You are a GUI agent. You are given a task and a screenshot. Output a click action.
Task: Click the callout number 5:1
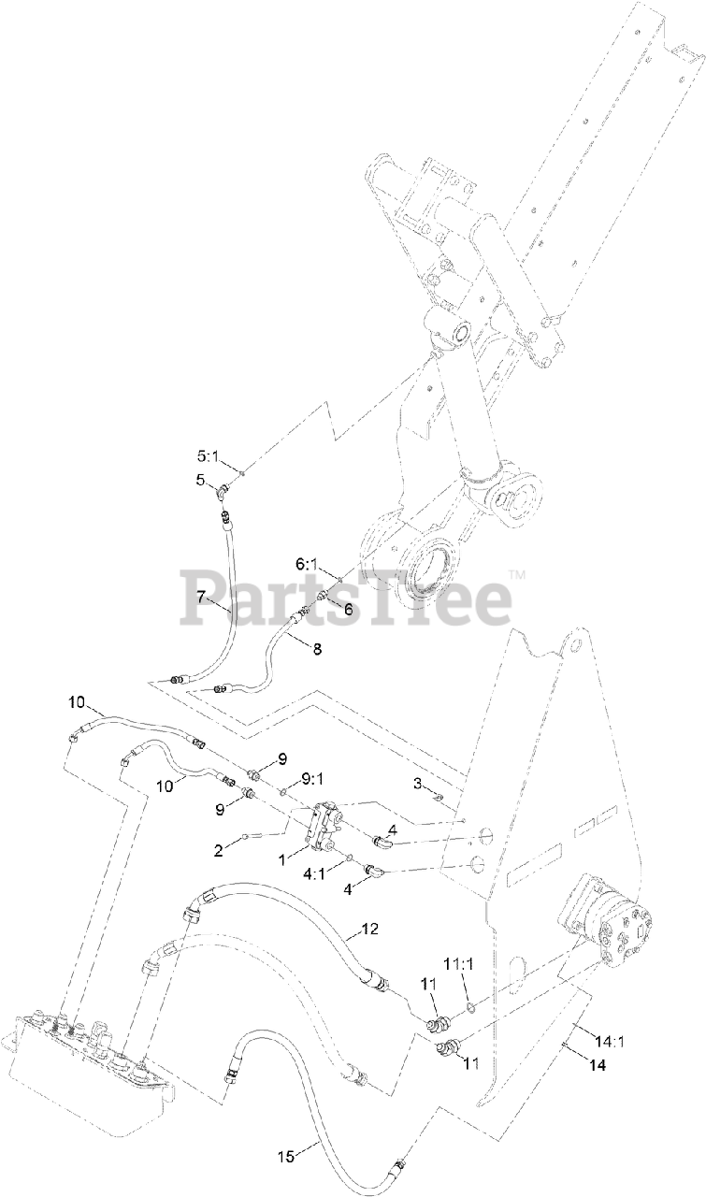[206, 457]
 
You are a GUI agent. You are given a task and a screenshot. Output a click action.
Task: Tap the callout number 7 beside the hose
[200, 596]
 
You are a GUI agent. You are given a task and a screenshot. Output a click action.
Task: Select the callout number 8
[316, 649]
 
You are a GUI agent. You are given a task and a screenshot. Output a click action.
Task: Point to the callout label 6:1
[307, 565]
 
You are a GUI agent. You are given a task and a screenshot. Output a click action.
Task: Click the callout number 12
[370, 930]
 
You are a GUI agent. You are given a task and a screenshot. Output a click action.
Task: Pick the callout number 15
[287, 1157]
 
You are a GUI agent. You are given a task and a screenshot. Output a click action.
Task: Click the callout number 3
[418, 781]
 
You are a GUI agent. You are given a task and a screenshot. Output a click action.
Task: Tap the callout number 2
[218, 849]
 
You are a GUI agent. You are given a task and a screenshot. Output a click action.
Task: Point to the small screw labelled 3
[438, 797]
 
